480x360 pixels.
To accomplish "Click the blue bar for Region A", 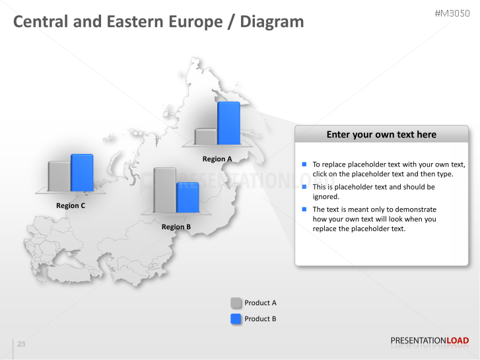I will [228, 123].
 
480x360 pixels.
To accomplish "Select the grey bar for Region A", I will [206, 137].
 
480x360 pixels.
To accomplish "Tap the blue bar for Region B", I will [188, 197].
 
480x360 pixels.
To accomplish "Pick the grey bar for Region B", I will [164, 190].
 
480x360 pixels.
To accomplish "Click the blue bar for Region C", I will [82, 173].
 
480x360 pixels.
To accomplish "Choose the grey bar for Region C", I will [59, 176].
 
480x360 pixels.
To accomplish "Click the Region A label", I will [217, 159].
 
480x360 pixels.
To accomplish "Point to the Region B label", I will [176, 227].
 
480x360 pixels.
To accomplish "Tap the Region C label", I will [71, 205].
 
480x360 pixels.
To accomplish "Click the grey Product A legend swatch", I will [236, 303].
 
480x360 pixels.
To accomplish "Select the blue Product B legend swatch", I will [236, 319].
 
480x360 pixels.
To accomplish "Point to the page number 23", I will [21, 344].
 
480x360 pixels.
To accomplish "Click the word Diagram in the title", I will [272, 22].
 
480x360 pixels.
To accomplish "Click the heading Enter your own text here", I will [381, 135].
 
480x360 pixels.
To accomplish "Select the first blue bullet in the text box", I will [304, 164].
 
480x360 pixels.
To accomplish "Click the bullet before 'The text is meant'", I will [304, 209].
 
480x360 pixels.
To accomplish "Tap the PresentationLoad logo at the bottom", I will [429, 341].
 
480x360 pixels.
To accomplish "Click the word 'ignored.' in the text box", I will [326, 196].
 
